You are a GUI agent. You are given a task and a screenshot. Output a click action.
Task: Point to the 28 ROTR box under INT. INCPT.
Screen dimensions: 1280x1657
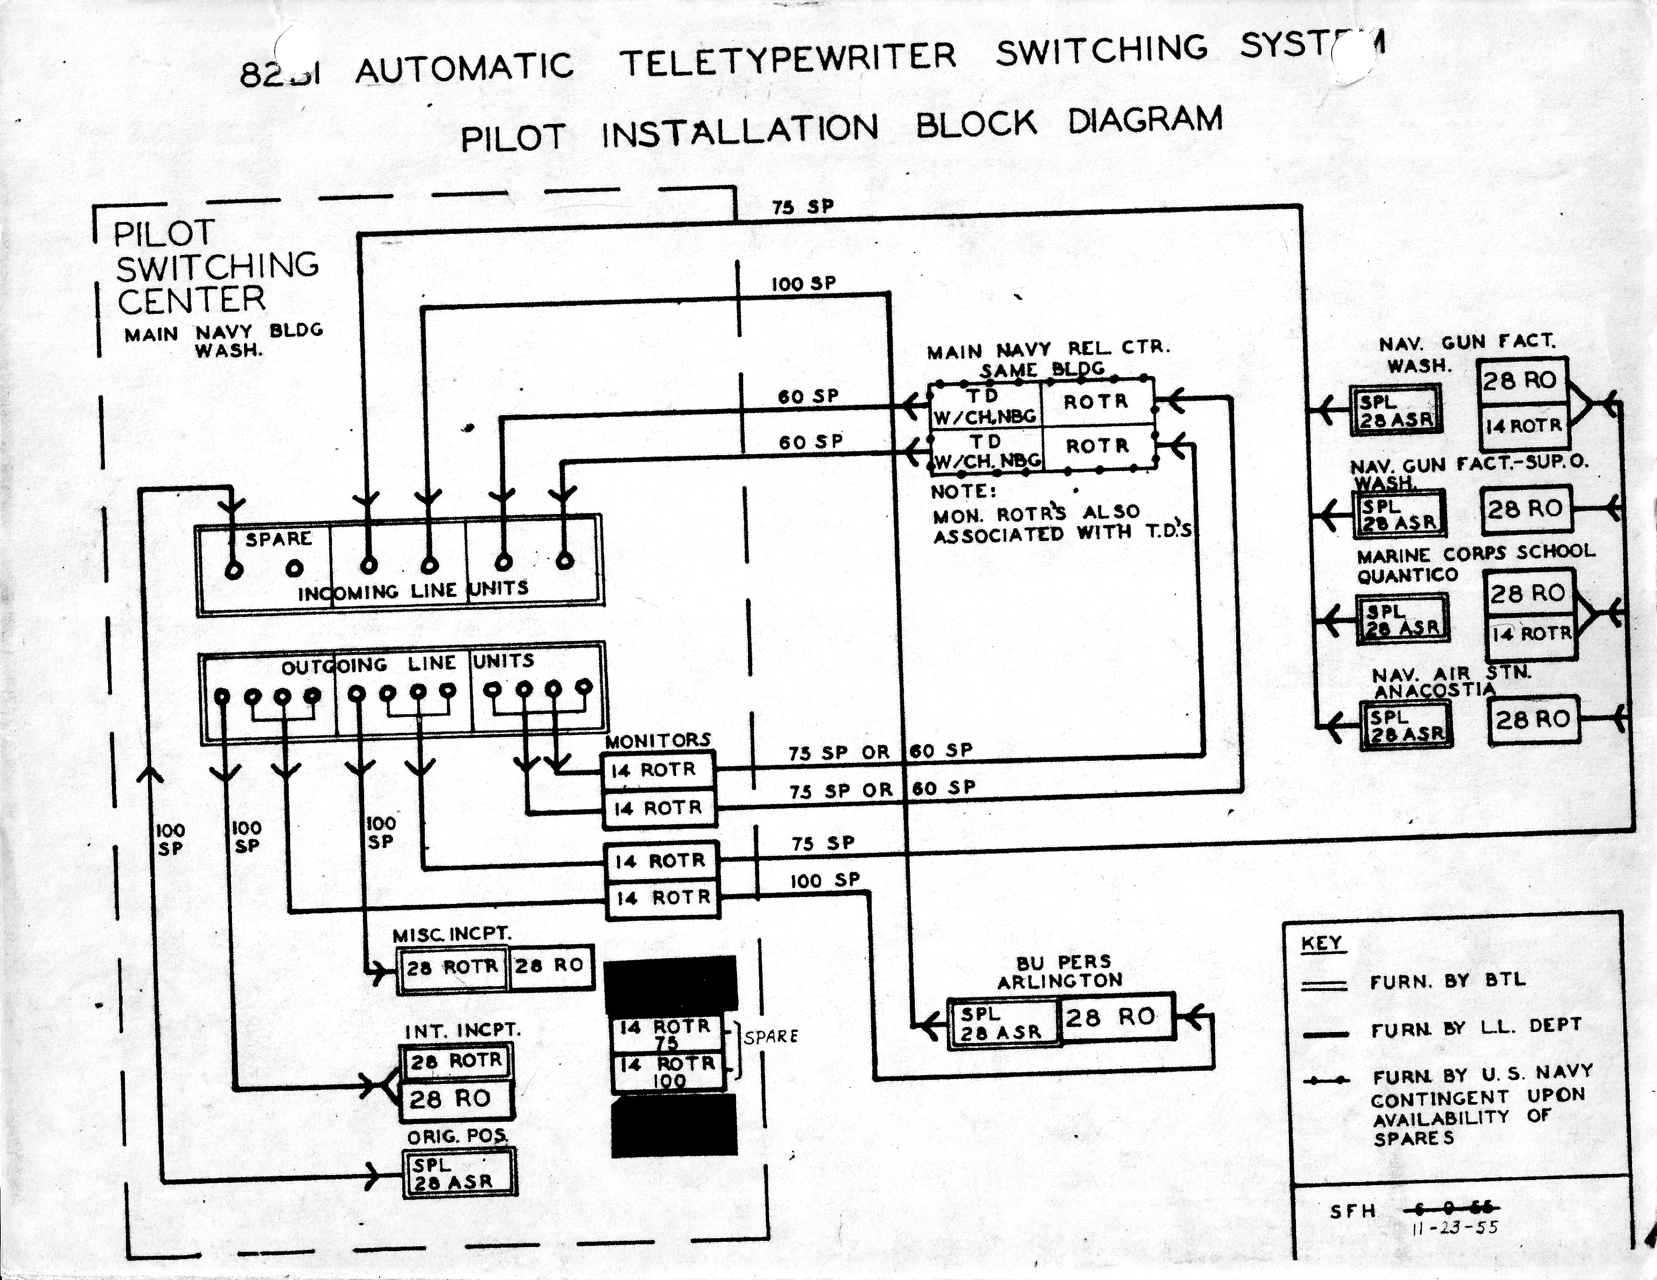pos(455,1060)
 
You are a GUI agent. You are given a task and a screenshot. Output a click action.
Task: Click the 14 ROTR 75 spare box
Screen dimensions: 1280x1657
pos(667,1033)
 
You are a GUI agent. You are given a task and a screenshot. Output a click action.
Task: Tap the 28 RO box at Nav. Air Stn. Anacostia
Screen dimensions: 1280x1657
pos(1532,719)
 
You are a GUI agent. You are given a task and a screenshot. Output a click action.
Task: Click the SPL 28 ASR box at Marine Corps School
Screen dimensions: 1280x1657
pos(1402,619)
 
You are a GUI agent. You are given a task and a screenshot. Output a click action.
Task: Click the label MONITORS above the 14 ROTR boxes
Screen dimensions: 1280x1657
pos(658,739)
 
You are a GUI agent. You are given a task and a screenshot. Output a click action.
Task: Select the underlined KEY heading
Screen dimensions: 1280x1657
pos(1322,943)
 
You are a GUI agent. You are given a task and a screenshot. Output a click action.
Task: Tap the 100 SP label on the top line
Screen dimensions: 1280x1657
pos(803,284)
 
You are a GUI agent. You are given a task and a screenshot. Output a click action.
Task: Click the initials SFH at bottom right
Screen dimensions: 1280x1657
pos(1353,1211)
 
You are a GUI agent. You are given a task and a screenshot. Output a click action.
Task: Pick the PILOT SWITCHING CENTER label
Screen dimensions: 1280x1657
pos(216,267)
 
